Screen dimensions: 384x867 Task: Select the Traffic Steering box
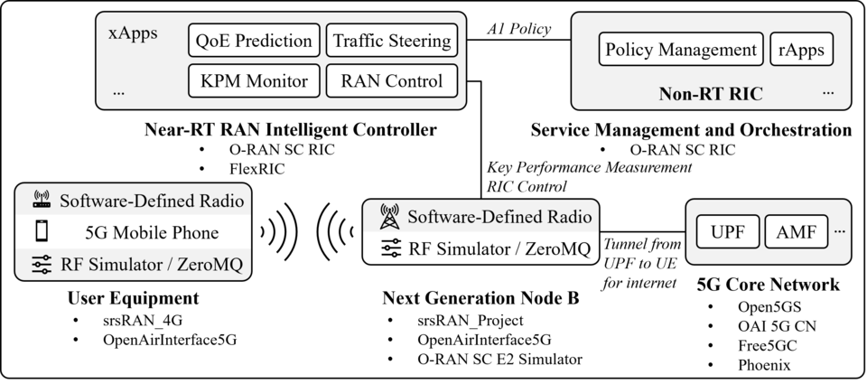[x=392, y=41]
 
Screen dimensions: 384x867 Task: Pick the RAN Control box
[x=392, y=81]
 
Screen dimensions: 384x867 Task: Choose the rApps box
[x=800, y=50]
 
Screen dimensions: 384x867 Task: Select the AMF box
[x=796, y=232]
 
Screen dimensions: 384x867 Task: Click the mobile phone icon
[x=41, y=232]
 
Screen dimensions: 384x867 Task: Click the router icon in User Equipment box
[x=41, y=201]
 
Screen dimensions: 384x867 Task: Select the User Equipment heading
[x=133, y=297]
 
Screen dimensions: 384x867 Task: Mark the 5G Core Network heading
[x=769, y=285]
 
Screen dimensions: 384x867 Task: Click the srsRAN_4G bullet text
[x=121, y=320]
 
